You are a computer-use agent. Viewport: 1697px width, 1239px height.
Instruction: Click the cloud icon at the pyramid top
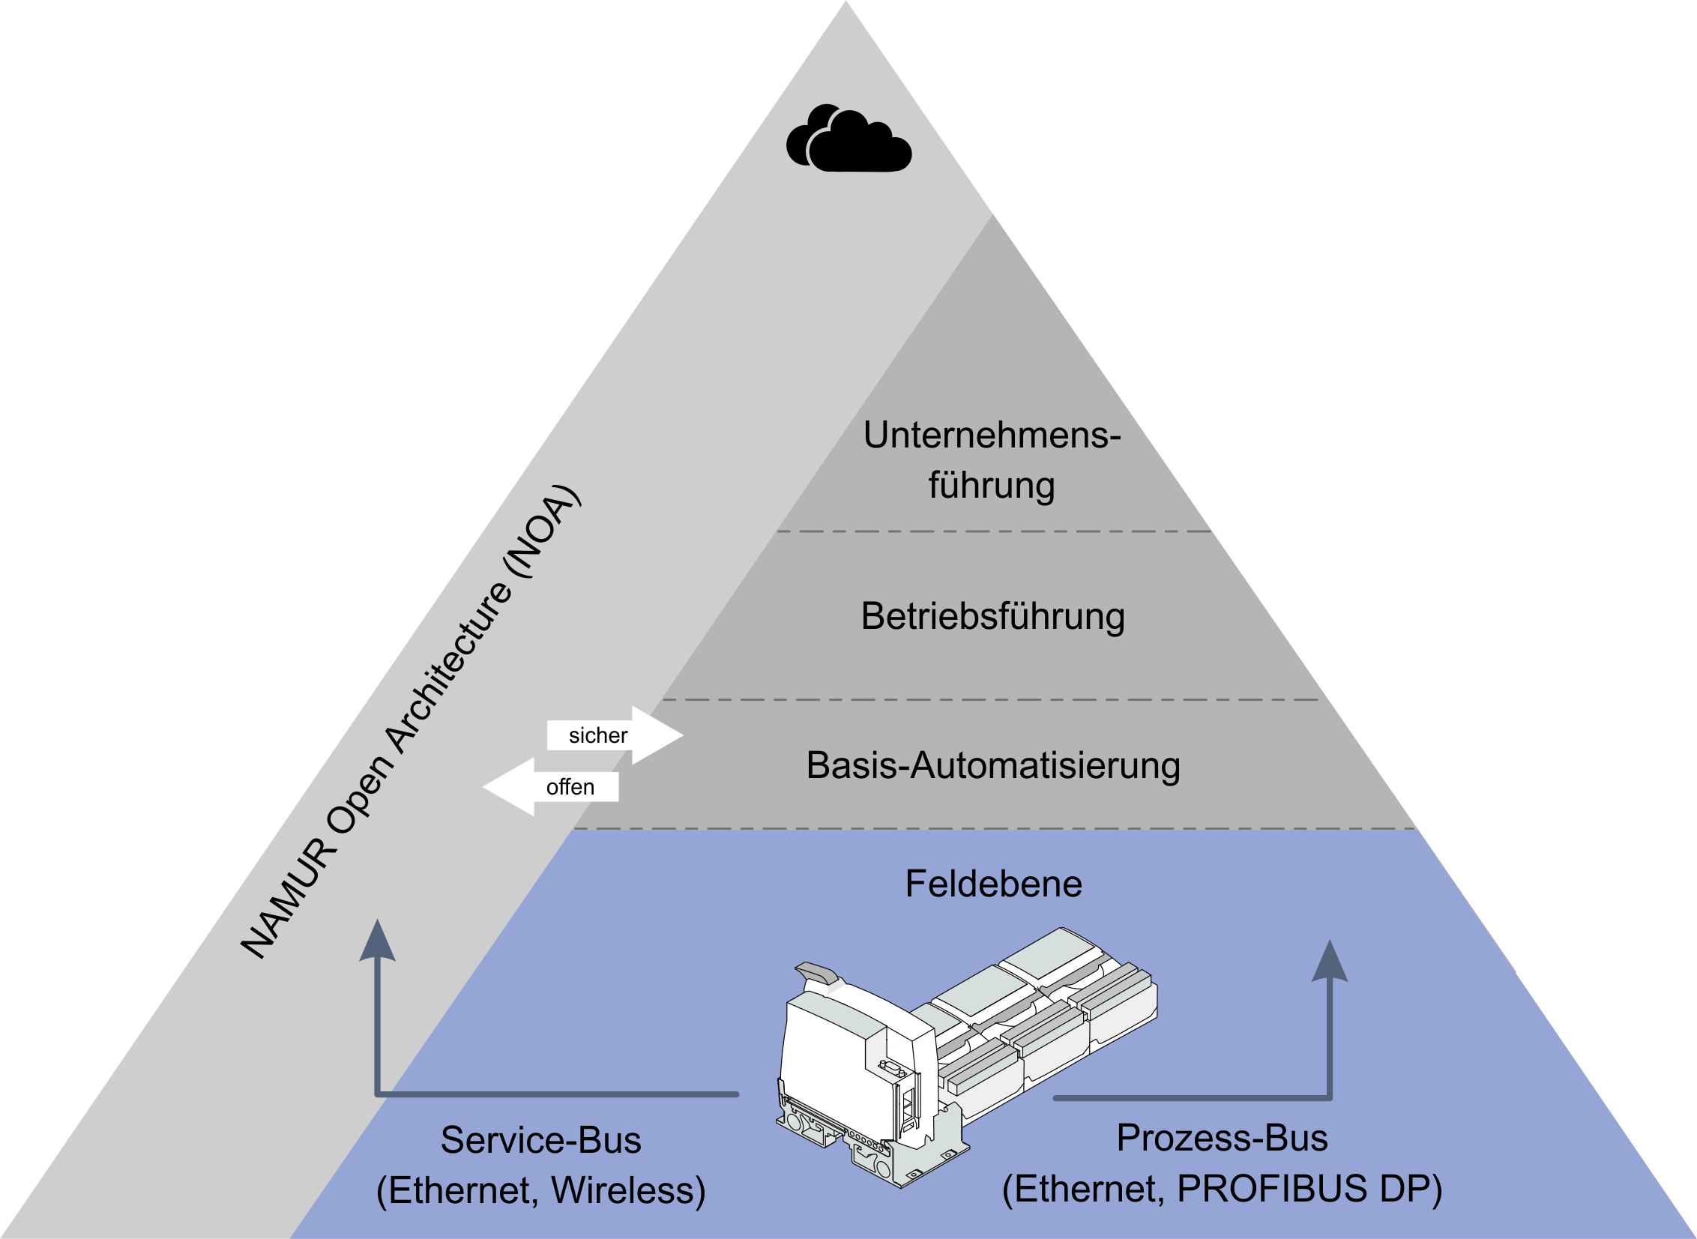849,141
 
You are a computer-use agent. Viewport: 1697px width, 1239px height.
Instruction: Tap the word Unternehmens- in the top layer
992,435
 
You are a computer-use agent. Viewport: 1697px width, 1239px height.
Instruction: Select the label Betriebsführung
992,615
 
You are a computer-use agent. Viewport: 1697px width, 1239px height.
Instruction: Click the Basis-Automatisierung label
993,766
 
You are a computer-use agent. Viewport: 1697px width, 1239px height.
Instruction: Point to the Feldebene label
993,884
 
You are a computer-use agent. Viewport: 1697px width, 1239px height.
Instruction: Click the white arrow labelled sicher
615,735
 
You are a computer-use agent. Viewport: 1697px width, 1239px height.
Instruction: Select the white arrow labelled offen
551,787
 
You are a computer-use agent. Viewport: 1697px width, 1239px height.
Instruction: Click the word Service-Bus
540,1140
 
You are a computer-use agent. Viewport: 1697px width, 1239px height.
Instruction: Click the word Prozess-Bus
1222,1138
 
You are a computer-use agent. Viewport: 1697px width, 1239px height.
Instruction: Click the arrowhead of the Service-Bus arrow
377,942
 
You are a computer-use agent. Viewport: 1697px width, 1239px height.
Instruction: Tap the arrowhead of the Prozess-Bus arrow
1330,962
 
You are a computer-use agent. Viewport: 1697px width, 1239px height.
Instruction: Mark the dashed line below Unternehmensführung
993,531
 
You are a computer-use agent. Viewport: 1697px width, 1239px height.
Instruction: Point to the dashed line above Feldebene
993,830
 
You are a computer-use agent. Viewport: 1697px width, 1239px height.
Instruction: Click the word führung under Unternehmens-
992,485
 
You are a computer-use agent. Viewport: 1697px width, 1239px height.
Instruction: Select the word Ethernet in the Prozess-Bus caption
1084,1189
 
